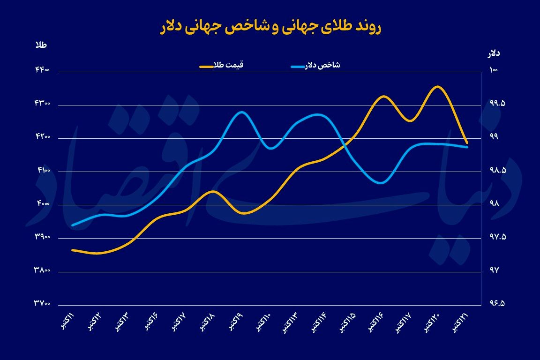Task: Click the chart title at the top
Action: click(270, 27)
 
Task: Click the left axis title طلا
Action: click(41, 45)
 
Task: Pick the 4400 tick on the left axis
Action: click(42, 71)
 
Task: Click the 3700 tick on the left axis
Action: click(42, 304)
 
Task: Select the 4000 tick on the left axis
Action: click(42, 204)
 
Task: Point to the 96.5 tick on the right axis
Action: click(496, 304)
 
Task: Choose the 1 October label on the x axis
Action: click(68, 322)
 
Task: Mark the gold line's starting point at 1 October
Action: click(72, 250)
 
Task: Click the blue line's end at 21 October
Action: click(467, 147)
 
